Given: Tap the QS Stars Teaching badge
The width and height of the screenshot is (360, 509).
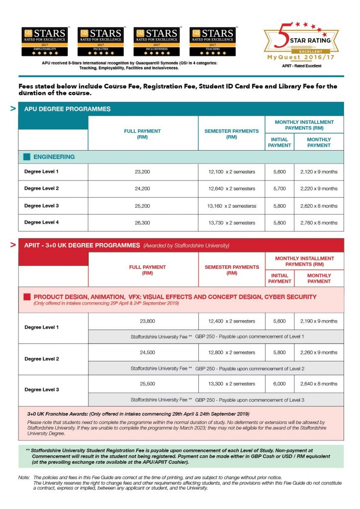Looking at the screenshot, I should click(212, 42).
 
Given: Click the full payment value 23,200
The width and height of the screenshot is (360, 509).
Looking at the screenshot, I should click(142, 172).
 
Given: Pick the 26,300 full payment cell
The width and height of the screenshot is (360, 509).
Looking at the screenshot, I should click(142, 223).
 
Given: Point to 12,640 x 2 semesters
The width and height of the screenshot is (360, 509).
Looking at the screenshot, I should click(231, 189).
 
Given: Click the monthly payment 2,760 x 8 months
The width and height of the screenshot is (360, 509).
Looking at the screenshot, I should click(319, 223).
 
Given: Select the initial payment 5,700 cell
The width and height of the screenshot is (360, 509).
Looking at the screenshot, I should click(279, 189).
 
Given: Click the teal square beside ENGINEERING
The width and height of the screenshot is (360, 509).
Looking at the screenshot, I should click(27, 157).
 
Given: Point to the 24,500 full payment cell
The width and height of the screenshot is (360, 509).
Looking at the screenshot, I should click(142, 352).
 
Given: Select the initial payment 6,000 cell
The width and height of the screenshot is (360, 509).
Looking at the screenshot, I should click(279, 384).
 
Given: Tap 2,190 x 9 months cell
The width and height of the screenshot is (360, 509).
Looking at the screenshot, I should click(319, 321).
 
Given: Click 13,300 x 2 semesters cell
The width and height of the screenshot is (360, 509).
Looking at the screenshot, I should click(231, 384).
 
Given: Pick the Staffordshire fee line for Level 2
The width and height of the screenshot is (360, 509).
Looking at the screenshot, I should click(217, 368).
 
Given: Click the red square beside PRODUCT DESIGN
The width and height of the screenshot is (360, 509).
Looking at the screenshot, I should click(27, 297).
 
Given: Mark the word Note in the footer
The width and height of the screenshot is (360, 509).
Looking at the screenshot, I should click(23, 478).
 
